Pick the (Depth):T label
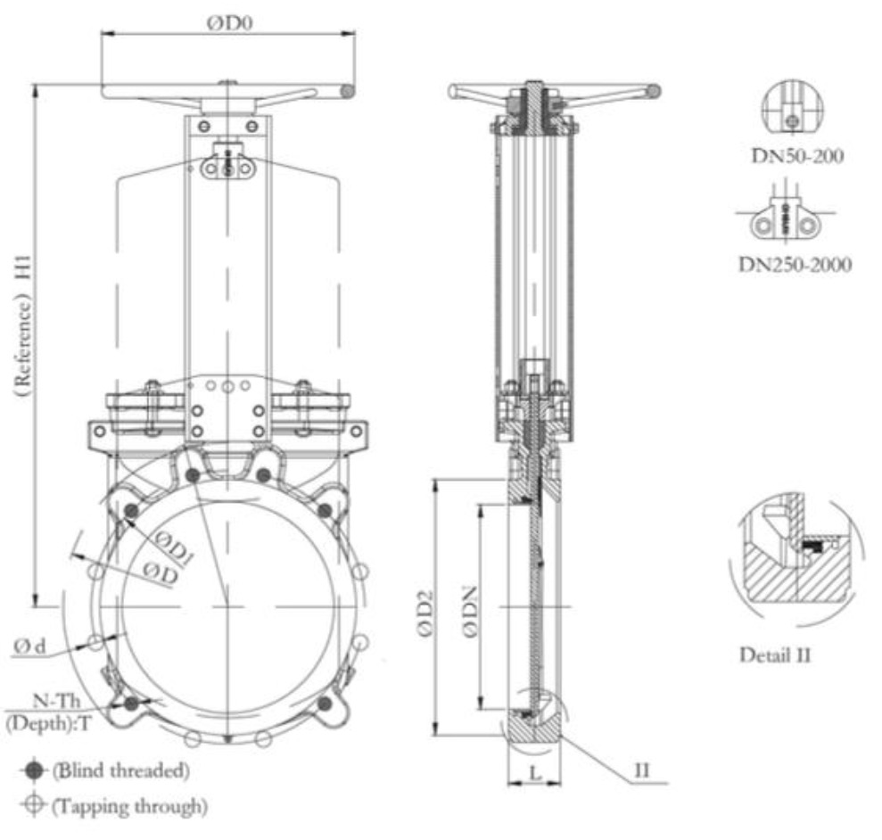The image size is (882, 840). coord(49,723)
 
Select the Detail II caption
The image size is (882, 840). coord(775,655)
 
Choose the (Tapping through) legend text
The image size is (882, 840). coord(129,806)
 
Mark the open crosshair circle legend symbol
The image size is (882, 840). coord(36,805)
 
